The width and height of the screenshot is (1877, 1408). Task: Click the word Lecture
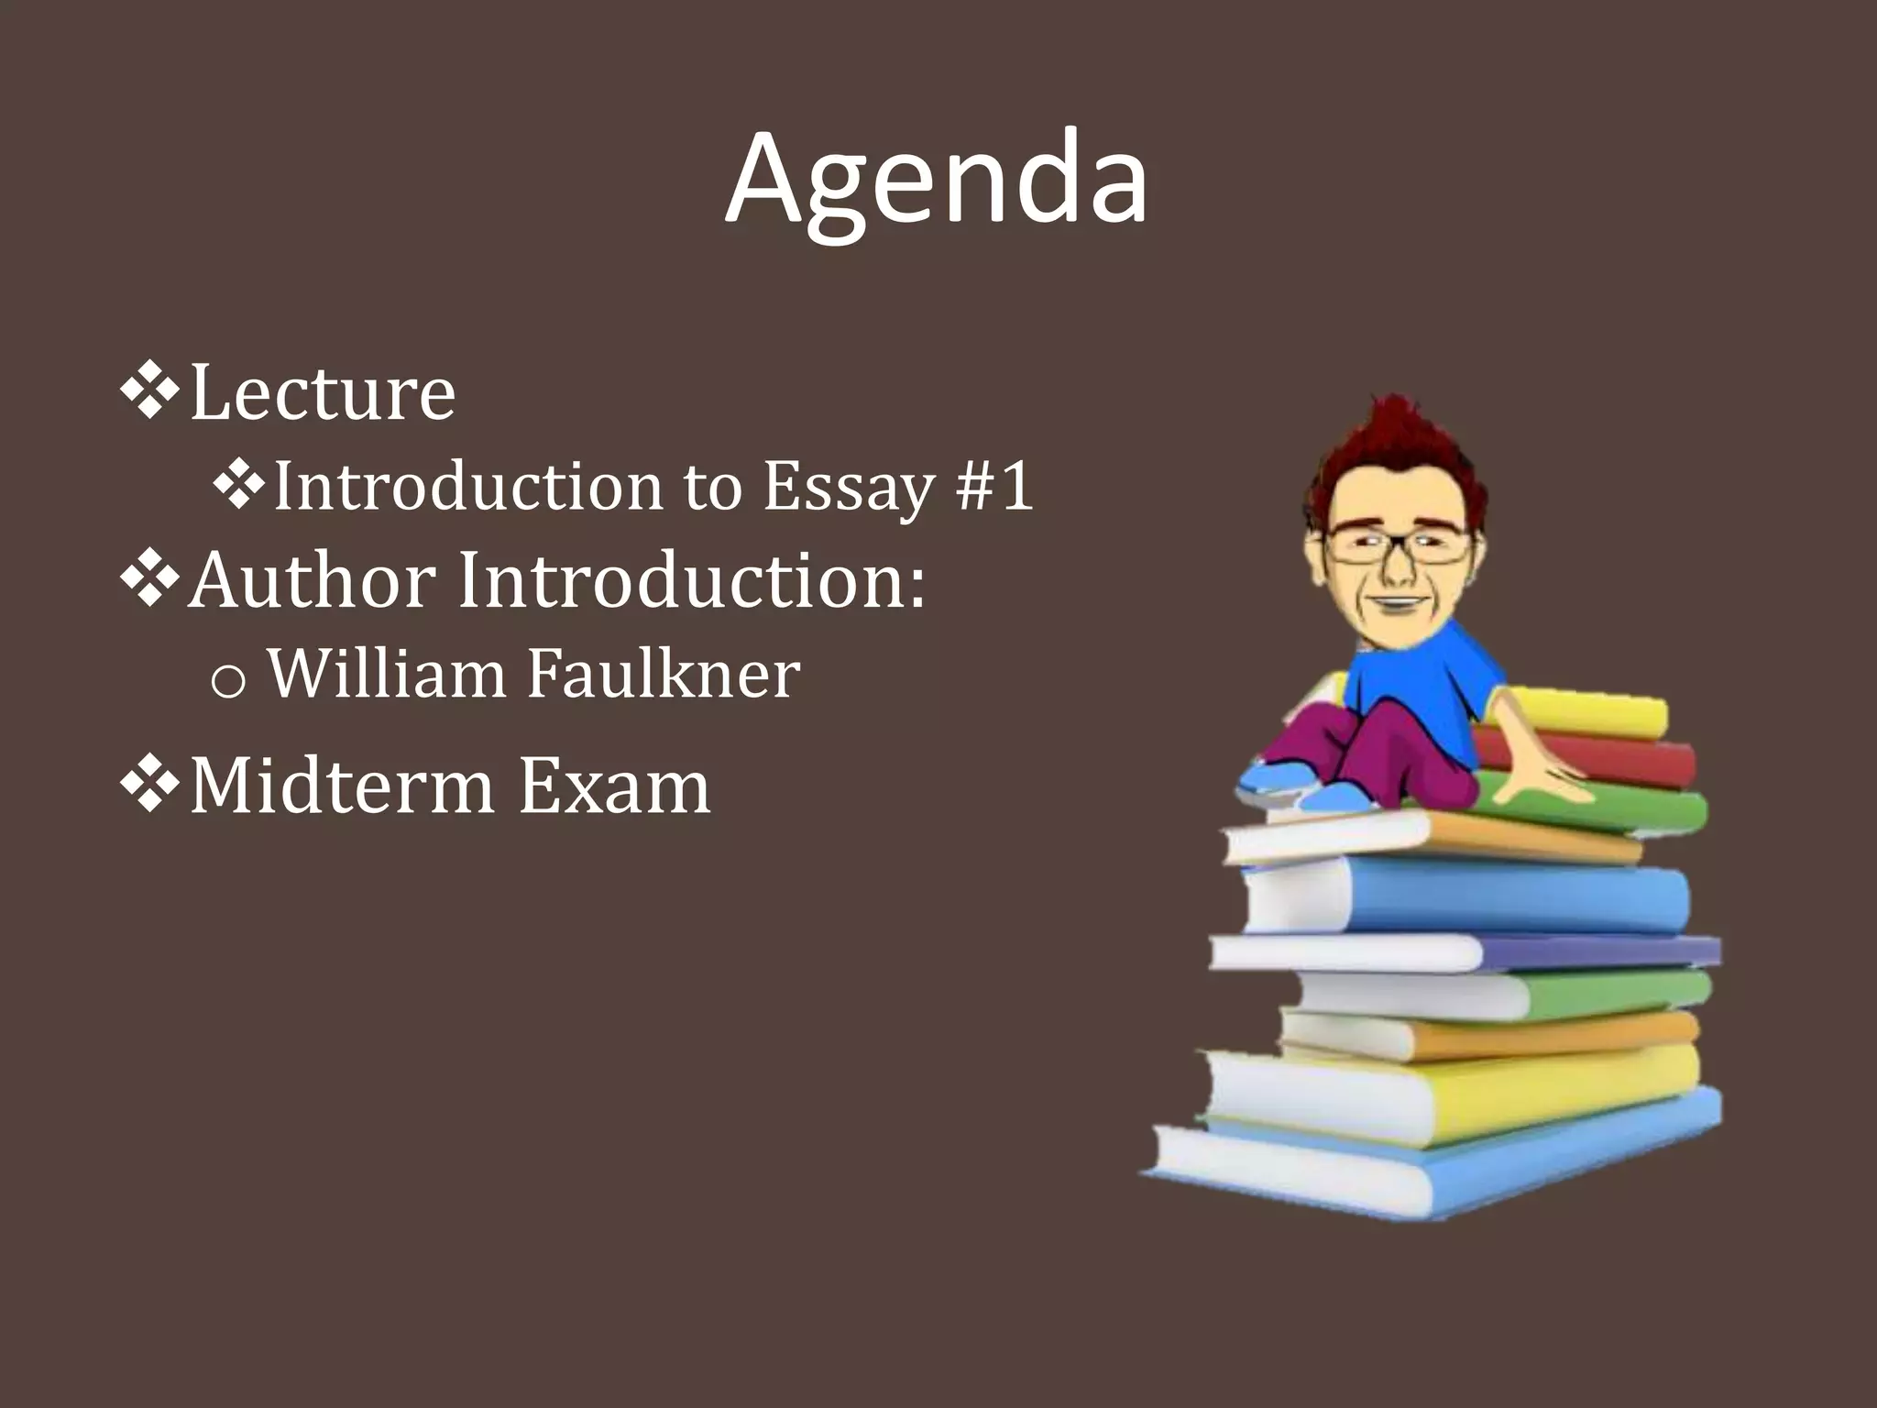click(x=322, y=392)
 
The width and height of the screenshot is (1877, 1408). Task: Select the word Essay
click(x=849, y=487)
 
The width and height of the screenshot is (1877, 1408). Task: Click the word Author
click(x=312, y=580)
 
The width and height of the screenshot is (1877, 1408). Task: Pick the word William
click(x=386, y=675)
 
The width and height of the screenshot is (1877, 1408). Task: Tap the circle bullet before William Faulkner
click(x=227, y=681)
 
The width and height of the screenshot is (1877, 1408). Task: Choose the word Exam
click(x=614, y=786)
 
